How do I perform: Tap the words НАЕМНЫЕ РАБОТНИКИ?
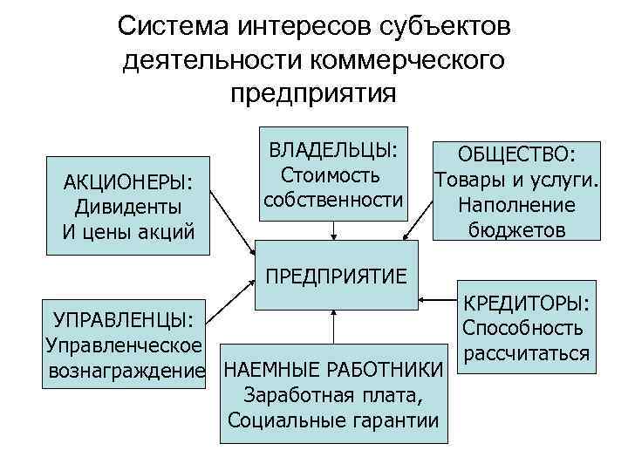(x=333, y=370)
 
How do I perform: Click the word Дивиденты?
(x=128, y=208)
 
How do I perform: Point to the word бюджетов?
(x=516, y=230)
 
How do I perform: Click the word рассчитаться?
(x=528, y=353)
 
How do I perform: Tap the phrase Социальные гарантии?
(x=333, y=420)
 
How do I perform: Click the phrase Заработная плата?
(x=333, y=395)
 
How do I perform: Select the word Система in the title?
(x=172, y=27)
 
